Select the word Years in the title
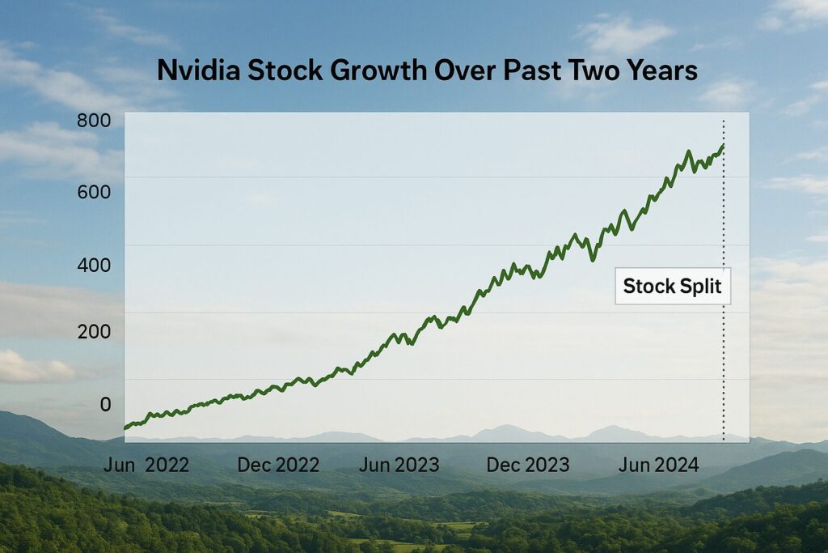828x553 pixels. [x=658, y=71]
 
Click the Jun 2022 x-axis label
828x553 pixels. [x=146, y=465]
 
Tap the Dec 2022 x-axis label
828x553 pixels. [x=278, y=465]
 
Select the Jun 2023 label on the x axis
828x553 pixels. [x=399, y=465]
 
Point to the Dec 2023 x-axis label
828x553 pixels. [x=528, y=465]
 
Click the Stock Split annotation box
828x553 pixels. [x=673, y=287]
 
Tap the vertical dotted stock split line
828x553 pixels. [x=724, y=364]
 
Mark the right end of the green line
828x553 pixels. [x=723, y=146]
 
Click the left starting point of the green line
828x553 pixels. [x=125, y=428]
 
